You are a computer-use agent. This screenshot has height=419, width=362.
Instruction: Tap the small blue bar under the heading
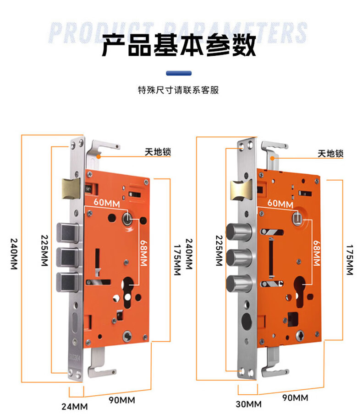pos(178,72)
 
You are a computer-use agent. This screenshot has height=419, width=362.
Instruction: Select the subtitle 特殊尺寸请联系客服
pos(178,90)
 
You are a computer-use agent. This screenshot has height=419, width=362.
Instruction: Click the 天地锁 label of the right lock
pos(331,153)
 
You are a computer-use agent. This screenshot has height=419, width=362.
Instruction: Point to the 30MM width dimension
pos(249,404)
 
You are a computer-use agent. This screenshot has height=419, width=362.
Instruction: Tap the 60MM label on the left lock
pos(107,202)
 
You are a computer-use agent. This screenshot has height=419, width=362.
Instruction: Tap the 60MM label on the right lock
pos(280,203)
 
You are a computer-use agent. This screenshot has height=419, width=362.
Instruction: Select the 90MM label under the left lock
pos(122,400)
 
